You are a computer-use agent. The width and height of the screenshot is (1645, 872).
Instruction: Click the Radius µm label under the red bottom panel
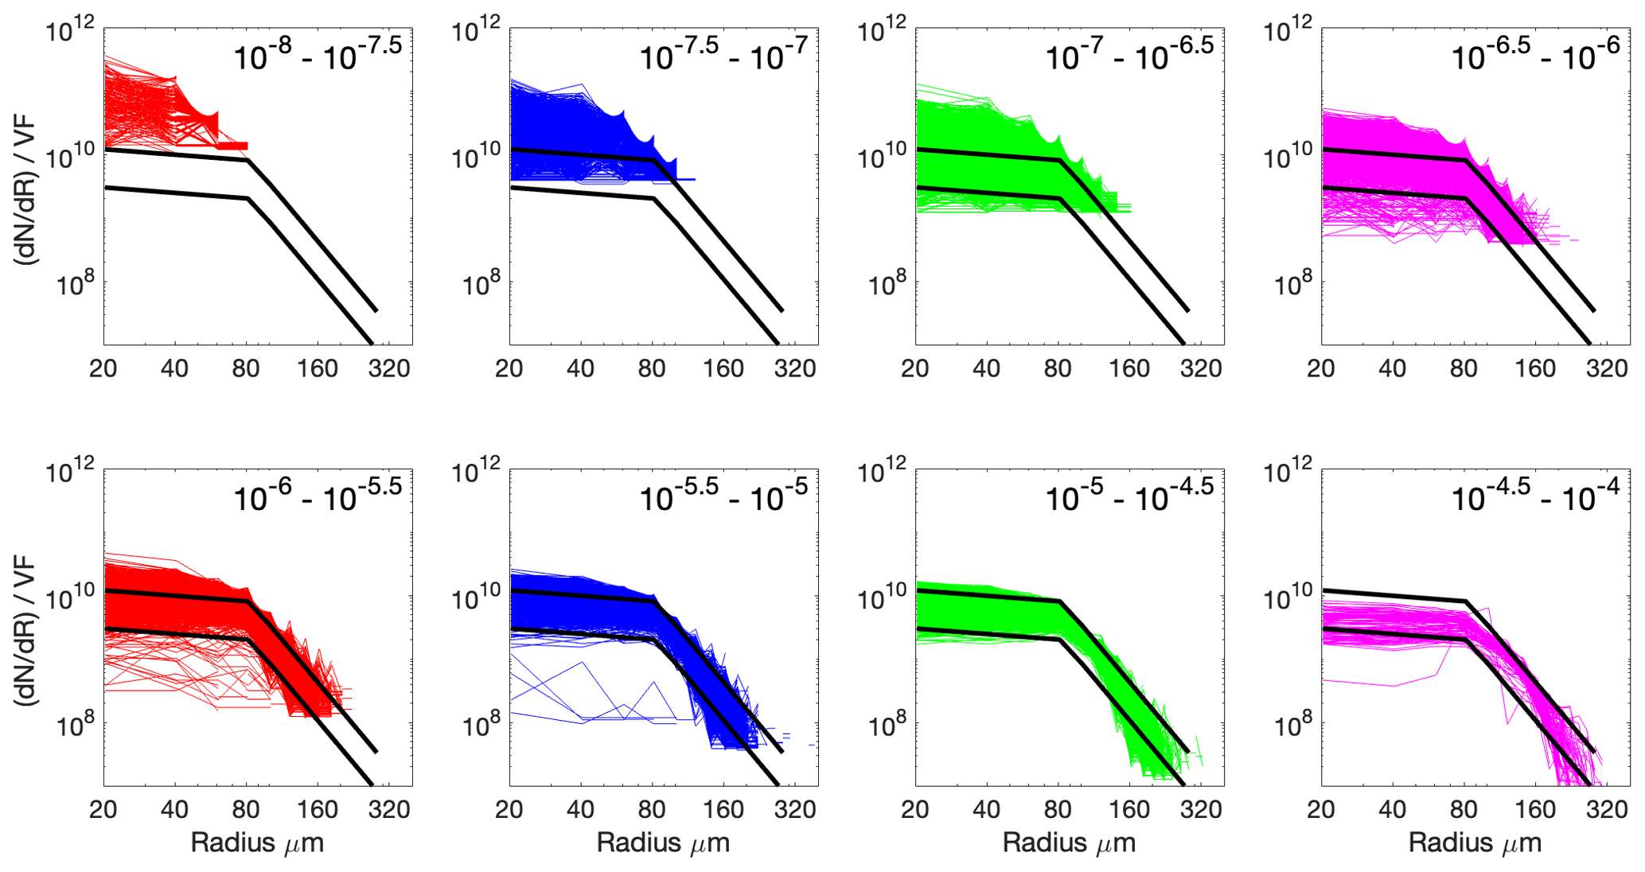257,843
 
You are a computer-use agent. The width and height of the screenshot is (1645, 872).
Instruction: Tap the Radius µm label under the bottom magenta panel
1475,843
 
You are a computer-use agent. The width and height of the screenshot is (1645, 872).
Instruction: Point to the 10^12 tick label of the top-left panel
71,32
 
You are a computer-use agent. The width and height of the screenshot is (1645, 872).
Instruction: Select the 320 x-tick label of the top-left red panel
389,368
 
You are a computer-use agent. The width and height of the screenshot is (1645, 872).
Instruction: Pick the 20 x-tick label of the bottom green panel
915,809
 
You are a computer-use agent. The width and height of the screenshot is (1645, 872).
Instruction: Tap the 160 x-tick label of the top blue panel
723,368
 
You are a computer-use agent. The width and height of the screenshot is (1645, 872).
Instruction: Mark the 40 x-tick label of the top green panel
986,368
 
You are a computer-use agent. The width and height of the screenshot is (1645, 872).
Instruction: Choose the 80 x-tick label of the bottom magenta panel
1464,809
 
